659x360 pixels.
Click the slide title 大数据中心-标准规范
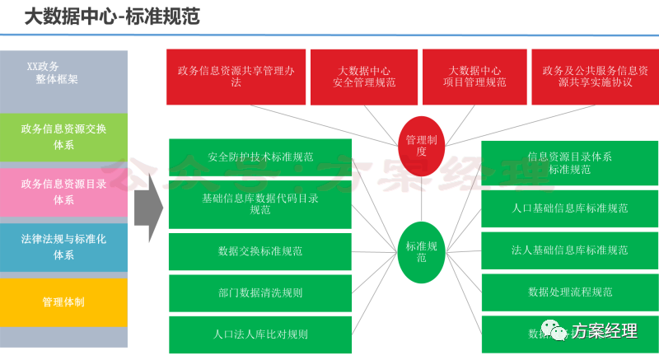tap(112, 16)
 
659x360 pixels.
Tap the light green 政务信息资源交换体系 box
tap(64, 136)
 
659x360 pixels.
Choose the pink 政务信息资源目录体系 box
tap(64, 191)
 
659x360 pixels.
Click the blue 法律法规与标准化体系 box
tap(64, 246)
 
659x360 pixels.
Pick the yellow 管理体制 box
tap(64, 302)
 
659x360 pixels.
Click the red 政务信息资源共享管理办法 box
tap(236, 77)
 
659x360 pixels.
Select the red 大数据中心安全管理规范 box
tap(364, 77)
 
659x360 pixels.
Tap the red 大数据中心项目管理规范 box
tap(474, 77)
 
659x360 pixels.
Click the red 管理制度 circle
tap(422, 145)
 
